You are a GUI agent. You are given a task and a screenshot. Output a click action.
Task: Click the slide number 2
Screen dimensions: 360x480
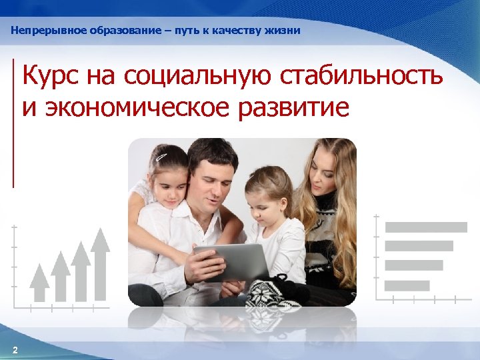(15, 350)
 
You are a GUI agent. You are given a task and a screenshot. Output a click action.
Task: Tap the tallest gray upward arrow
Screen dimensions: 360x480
(101, 263)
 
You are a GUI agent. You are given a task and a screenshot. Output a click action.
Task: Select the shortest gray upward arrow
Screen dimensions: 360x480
(40, 283)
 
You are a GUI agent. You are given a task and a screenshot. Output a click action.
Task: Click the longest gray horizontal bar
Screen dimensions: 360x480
(426, 227)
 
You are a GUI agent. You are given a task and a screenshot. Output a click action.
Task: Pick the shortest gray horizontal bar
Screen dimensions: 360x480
(407, 285)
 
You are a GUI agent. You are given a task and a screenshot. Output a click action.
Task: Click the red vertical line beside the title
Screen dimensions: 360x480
(13, 123)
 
